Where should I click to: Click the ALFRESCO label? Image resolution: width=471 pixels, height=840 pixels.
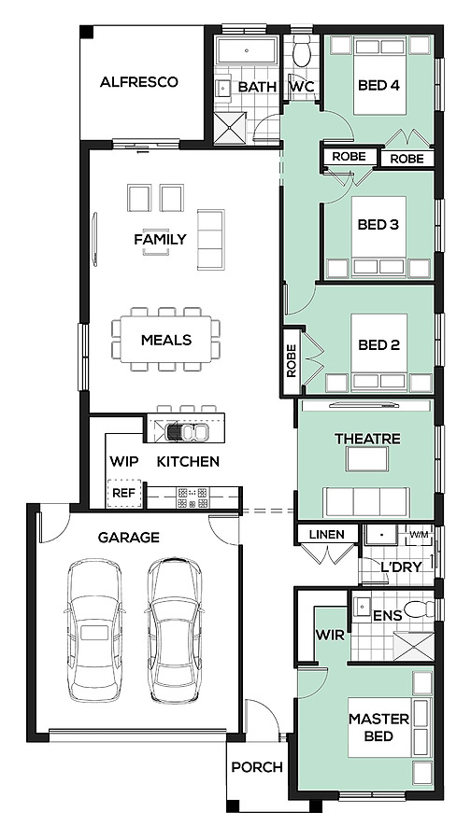tap(139, 82)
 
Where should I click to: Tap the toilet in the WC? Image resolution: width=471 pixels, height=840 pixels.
tap(302, 53)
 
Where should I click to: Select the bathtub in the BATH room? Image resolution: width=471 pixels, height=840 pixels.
tap(247, 51)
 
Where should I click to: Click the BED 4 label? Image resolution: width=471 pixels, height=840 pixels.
tap(379, 85)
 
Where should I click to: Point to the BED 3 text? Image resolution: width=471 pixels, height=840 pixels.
tap(378, 224)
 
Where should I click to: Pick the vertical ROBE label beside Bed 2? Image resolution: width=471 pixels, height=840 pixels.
tap(292, 361)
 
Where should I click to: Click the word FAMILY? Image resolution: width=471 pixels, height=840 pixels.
tap(161, 239)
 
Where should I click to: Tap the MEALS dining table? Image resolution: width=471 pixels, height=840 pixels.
tap(166, 340)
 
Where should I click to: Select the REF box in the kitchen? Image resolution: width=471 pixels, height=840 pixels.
tap(125, 493)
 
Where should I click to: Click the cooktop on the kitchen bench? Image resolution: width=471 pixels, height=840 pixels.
tap(193, 497)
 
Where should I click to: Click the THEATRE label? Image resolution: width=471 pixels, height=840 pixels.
tap(367, 440)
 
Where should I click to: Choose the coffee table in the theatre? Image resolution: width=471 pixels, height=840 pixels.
tap(367, 459)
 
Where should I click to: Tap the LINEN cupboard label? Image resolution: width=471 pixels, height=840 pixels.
tap(327, 534)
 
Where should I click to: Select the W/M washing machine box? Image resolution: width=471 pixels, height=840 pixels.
tap(419, 535)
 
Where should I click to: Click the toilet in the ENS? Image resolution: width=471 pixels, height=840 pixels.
tap(421, 609)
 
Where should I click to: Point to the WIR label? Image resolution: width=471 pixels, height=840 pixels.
tap(330, 636)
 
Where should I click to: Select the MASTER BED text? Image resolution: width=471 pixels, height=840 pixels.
tap(379, 727)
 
